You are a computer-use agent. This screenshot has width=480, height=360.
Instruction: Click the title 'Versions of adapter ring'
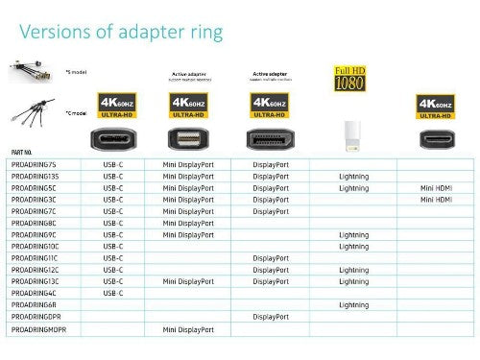point(121,33)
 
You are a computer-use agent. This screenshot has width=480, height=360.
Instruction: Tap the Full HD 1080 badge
point(348,78)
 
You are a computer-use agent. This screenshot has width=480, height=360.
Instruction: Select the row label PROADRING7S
point(35,164)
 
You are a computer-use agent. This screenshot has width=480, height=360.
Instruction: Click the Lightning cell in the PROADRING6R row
point(353,304)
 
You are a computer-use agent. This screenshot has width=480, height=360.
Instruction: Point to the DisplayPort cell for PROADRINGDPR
point(271,317)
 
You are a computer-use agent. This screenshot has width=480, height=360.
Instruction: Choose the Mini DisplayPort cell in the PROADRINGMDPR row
point(188,328)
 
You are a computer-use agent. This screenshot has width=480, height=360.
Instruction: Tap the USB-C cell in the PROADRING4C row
point(112,293)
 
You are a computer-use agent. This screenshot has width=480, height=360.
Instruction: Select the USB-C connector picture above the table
point(112,135)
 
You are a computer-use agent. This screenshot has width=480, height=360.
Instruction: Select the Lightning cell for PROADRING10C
point(353,246)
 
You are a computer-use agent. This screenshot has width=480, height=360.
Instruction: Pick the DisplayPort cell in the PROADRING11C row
point(271,258)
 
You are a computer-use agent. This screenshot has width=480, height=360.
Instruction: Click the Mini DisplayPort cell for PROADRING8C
point(188,223)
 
